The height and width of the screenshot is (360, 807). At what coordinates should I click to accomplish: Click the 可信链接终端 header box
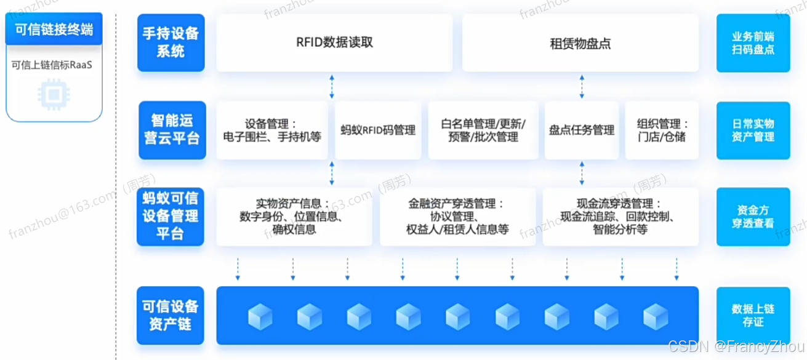(x=54, y=30)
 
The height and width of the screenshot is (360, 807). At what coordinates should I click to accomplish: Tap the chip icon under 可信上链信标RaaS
(x=54, y=93)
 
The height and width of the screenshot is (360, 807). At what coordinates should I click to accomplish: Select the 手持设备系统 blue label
(x=171, y=42)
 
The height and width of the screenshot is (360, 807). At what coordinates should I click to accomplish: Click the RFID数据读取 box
(x=334, y=42)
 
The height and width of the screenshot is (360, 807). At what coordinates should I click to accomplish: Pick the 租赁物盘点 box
(x=580, y=43)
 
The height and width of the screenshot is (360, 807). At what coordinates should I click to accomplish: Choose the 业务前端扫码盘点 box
(x=753, y=43)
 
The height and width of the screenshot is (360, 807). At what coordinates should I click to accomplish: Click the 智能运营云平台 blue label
(x=171, y=130)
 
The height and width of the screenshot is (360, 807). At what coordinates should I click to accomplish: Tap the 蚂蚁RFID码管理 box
(x=378, y=130)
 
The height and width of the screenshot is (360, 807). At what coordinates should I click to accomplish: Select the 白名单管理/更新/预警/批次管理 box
(x=483, y=130)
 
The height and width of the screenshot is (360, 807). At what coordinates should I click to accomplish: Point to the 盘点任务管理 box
(x=582, y=130)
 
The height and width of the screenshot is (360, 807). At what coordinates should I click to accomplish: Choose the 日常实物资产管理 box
(x=753, y=130)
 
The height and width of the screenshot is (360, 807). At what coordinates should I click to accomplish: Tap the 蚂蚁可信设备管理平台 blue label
(x=171, y=217)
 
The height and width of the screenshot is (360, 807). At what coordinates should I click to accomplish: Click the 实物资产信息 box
(x=294, y=217)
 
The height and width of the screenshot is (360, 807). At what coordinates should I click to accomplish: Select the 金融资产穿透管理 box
(x=457, y=217)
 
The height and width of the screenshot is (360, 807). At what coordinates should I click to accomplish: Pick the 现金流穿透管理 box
(x=620, y=217)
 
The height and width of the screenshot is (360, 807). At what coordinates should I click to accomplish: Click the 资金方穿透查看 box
(x=753, y=217)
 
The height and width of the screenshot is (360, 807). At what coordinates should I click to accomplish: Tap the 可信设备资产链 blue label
(x=171, y=315)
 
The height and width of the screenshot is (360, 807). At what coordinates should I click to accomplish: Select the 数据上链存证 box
(x=753, y=315)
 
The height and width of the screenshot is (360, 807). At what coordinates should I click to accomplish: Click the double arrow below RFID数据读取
(x=332, y=86)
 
